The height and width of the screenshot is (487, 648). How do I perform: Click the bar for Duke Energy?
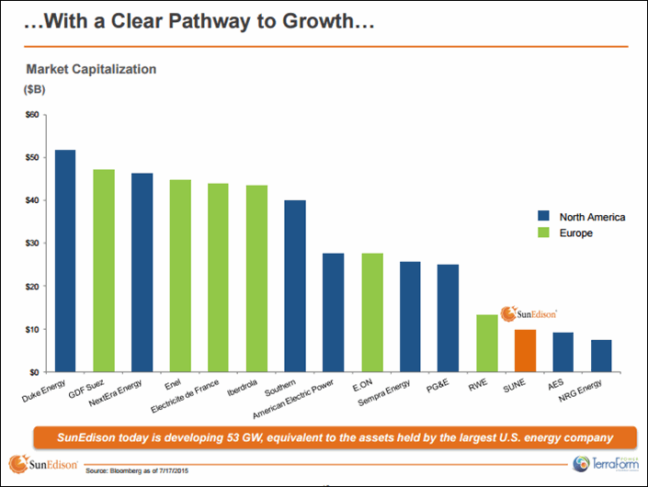pos(64,260)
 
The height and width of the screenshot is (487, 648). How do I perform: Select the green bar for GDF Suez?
pos(103,270)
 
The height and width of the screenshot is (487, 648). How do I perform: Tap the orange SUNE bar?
pos(525,350)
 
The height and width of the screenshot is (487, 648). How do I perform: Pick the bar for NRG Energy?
pos(601,356)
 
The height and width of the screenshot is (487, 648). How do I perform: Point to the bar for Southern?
pos(295,286)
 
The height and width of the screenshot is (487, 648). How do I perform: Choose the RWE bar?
pos(486,343)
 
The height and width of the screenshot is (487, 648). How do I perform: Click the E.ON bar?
pos(371,311)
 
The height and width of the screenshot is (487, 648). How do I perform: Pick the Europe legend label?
pos(576,233)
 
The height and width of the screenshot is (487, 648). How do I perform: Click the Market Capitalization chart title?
pos(91,69)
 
